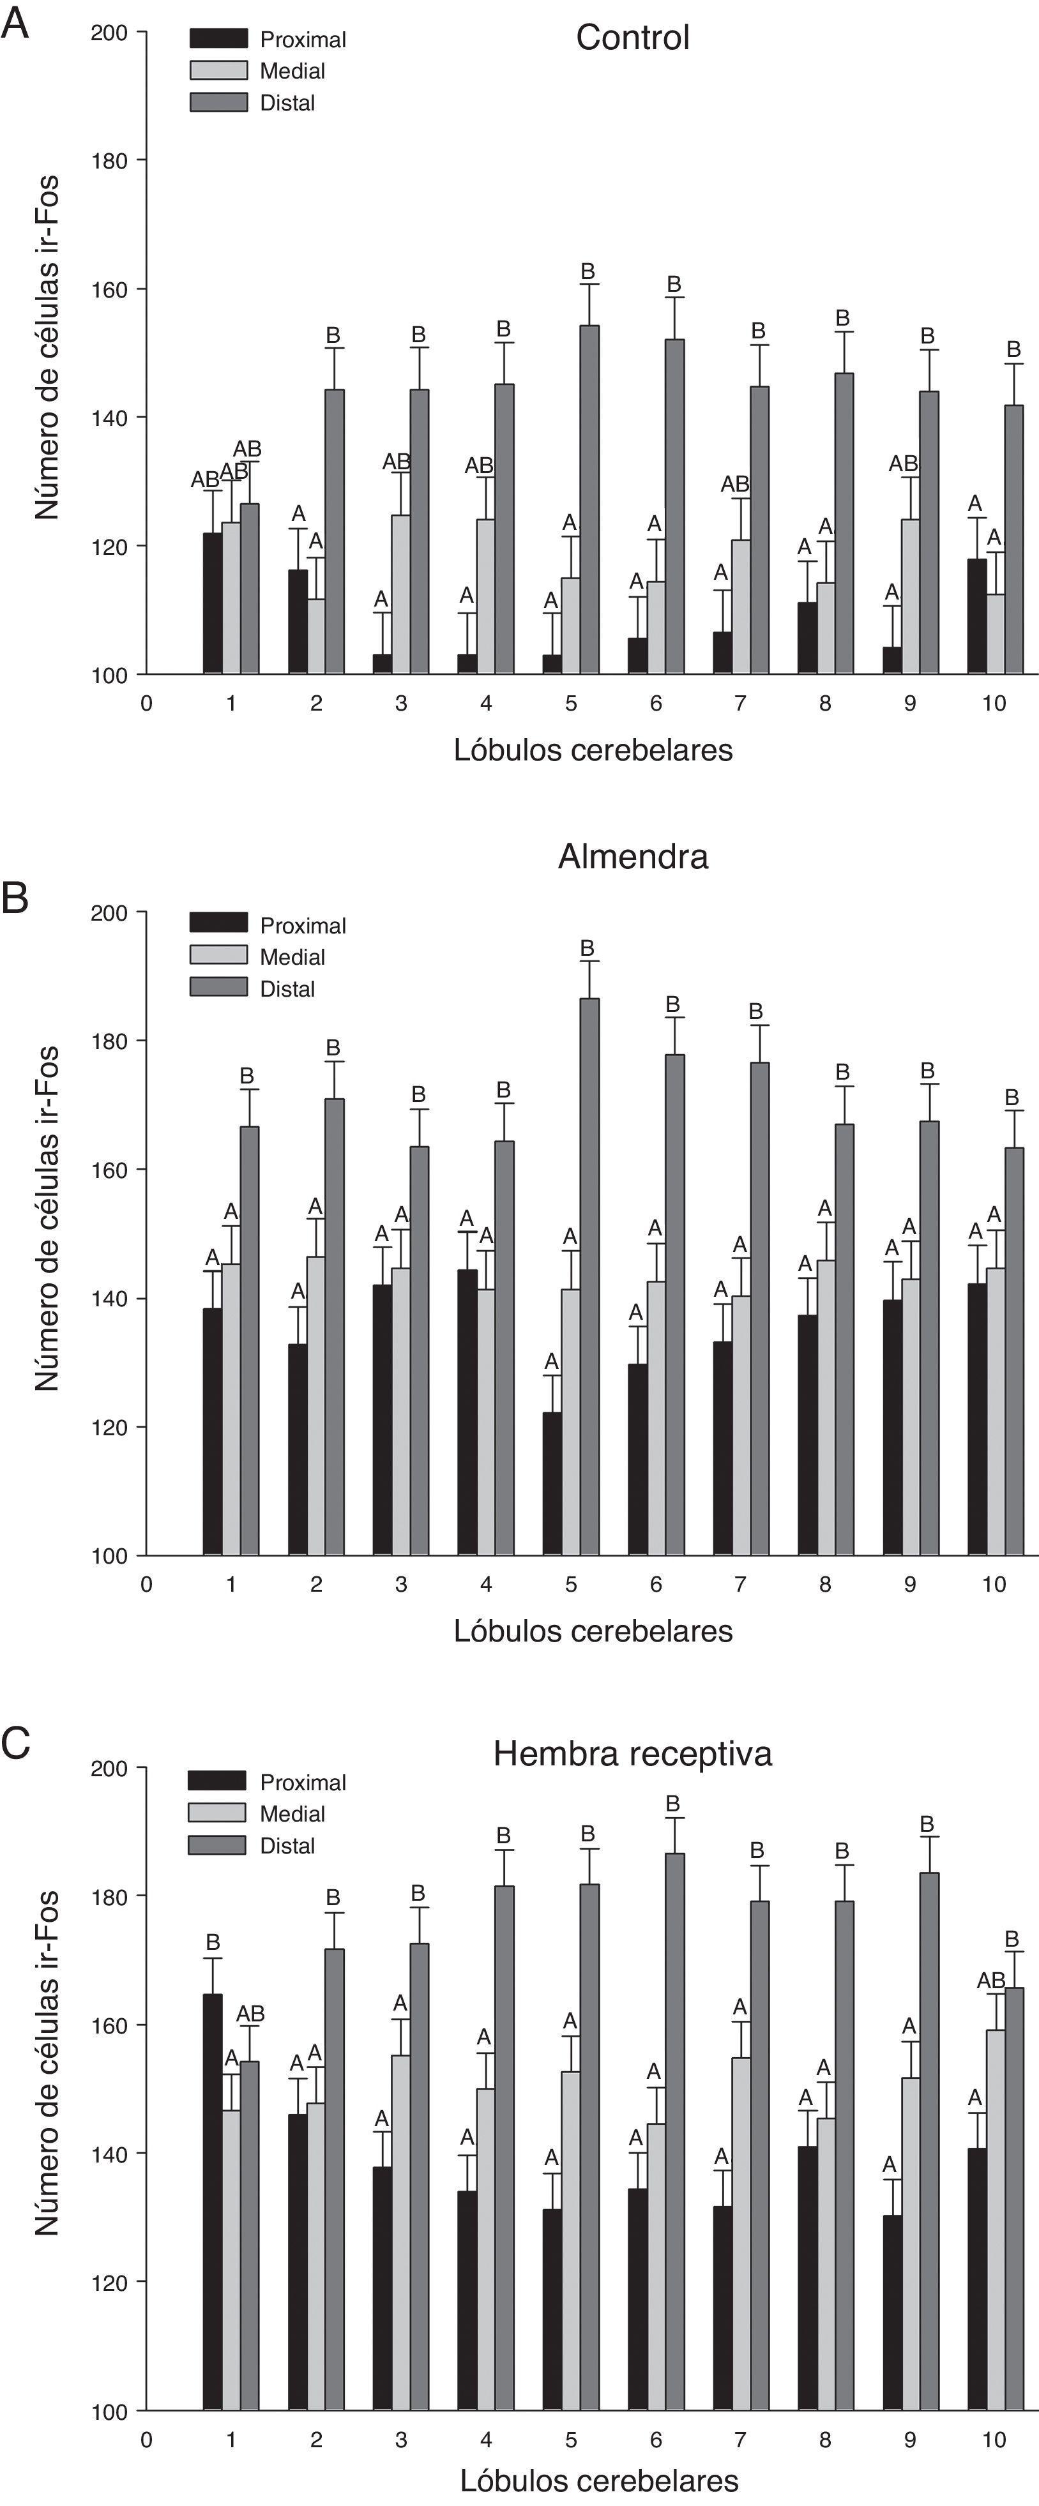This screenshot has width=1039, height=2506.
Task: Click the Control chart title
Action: tap(632, 38)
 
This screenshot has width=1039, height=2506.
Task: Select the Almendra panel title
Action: tap(632, 856)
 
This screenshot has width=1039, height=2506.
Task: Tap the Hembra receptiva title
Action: tap(632, 1753)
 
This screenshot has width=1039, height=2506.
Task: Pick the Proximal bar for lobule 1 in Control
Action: tap(212, 603)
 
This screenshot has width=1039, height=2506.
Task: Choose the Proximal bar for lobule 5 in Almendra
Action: tap(552, 1484)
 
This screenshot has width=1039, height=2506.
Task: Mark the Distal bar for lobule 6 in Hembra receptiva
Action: tap(673, 2131)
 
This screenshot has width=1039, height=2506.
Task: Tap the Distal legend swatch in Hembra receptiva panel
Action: tap(217, 1845)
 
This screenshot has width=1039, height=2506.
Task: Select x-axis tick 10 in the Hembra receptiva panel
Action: tap(993, 2440)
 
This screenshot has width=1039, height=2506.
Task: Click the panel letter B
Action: tap(15, 897)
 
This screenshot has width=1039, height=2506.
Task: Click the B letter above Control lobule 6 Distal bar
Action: tap(673, 284)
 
